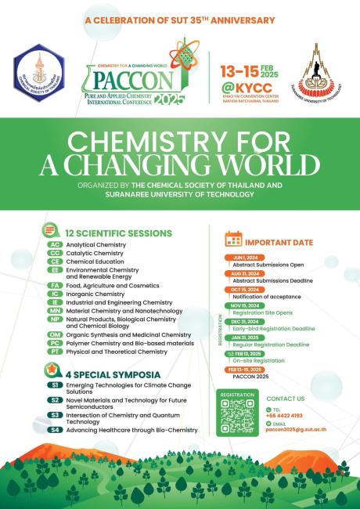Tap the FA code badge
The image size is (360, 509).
[x=55, y=286]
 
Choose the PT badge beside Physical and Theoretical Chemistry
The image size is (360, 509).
[x=55, y=352]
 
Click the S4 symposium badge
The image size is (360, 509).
[x=55, y=429]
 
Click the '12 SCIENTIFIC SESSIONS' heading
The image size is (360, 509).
[x=118, y=233]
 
